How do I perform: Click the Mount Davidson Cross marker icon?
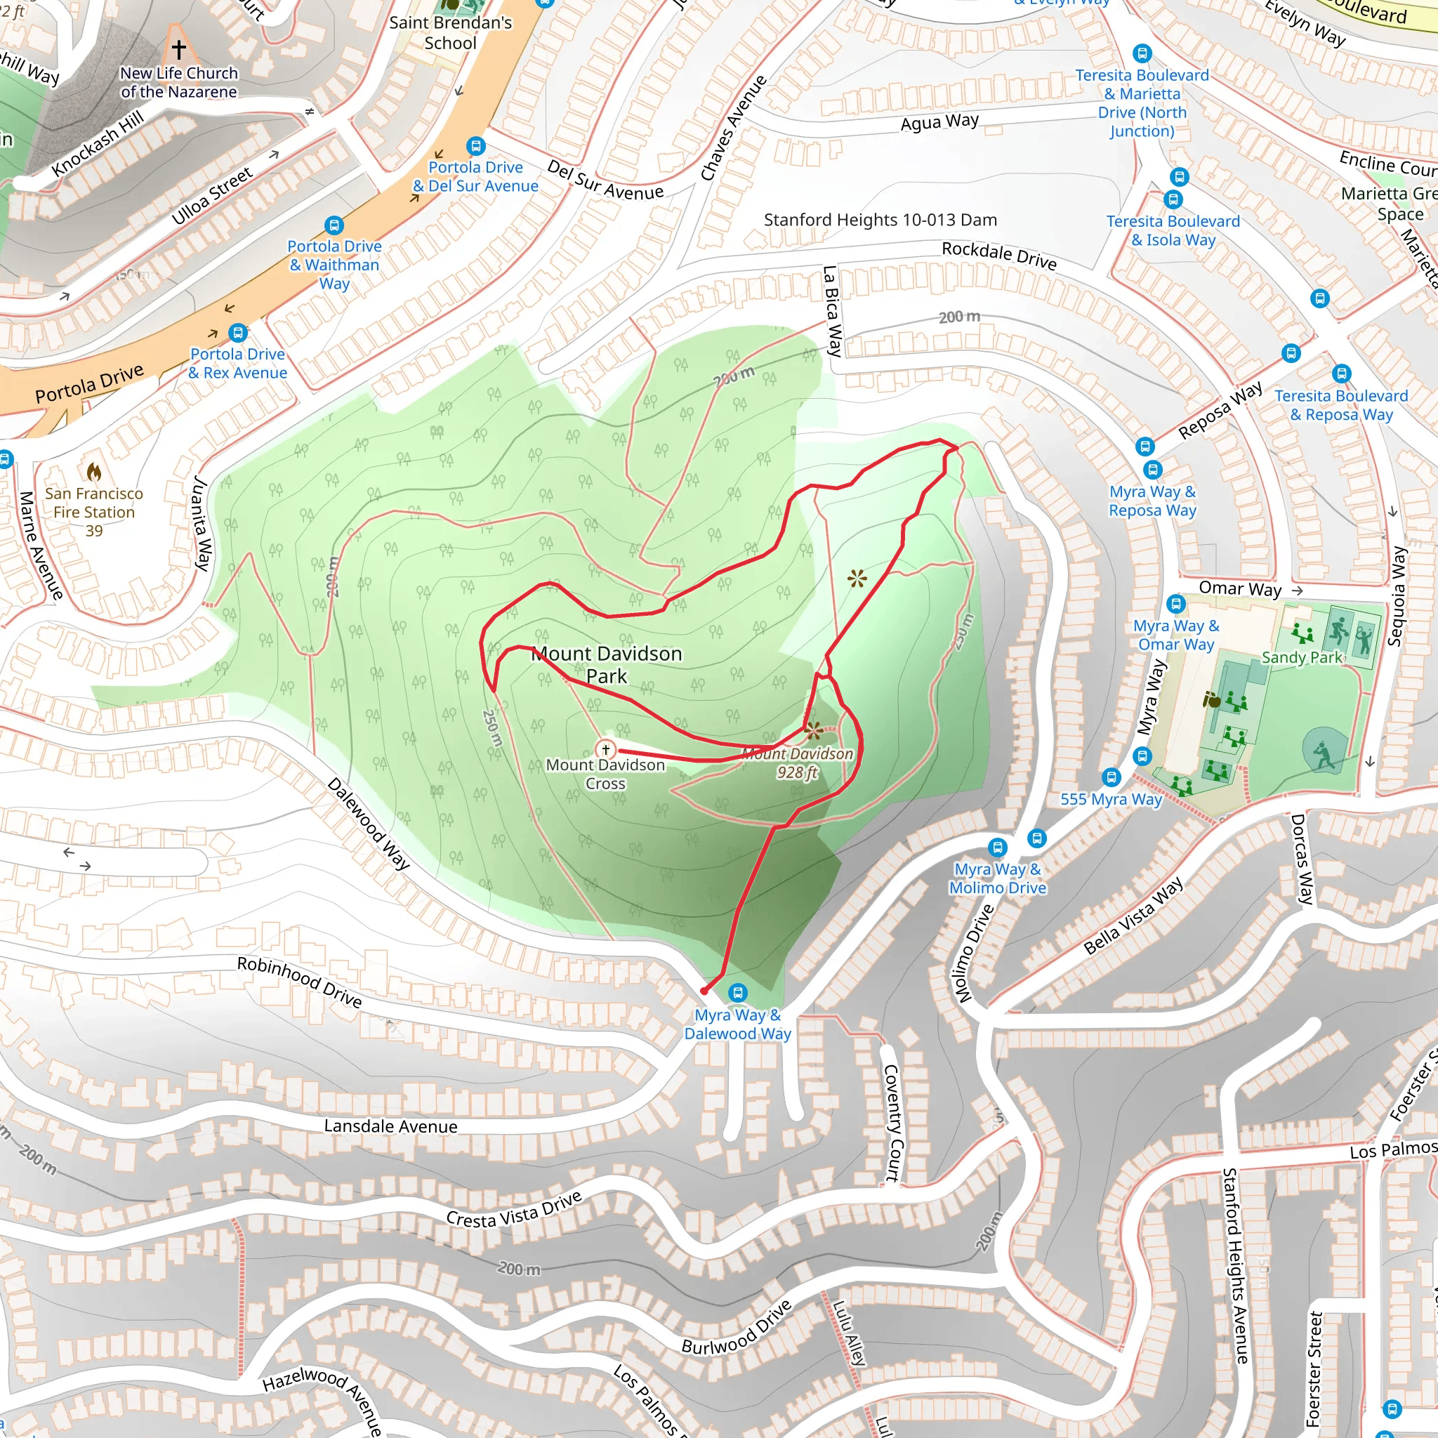pyautogui.click(x=606, y=749)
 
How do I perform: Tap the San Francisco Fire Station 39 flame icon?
pyautogui.click(x=94, y=471)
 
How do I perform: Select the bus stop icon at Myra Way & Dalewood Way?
pyautogui.click(x=738, y=992)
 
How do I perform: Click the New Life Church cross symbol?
pyautogui.click(x=178, y=49)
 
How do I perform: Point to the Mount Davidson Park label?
pyautogui.click(x=607, y=665)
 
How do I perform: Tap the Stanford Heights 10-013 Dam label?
pyautogui.click(x=880, y=220)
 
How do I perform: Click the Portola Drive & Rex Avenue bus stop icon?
pyautogui.click(x=237, y=332)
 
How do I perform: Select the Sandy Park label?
pyautogui.click(x=1302, y=657)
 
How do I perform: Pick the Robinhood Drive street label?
pyautogui.click(x=299, y=982)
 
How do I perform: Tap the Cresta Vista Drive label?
pyautogui.click(x=513, y=1209)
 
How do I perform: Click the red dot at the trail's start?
pyautogui.click(x=704, y=991)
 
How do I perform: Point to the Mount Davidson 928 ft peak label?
pyautogui.click(x=797, y=763)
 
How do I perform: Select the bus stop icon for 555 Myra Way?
pyautogui.click(x=1112, y=778)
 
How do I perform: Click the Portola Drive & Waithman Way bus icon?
pyautogui.click(x=334, y=225)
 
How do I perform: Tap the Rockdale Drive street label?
pyautogui.click(x=999, y=255)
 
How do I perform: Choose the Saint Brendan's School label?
pyautogui.click(x=450, y=33)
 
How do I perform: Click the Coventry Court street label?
pyautogui.click(x=891, y=1123)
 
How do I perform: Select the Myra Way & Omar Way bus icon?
pyautogui.click(x=1176, y=604)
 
